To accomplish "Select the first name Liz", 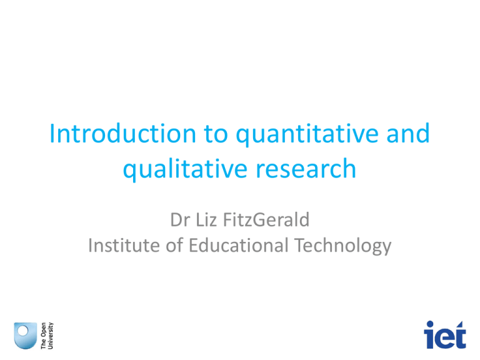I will point(205,220).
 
